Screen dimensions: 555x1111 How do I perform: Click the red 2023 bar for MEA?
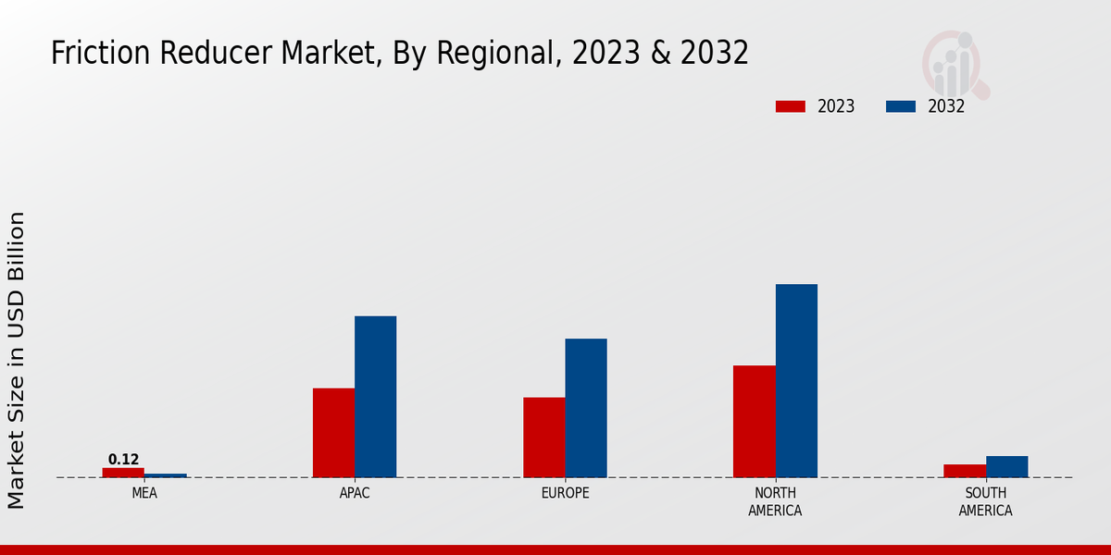click(123, 473)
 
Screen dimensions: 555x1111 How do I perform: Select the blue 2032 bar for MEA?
click(165, 475)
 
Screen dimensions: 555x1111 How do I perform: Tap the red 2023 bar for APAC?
click(333, 433)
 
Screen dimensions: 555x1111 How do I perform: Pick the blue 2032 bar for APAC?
click(375, 397)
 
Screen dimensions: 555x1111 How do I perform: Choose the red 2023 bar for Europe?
click(543, 438)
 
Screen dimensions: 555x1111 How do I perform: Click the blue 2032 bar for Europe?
click(586, 408)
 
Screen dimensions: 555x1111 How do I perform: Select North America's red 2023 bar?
click(754, 422)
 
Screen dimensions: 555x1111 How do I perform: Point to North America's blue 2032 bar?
click(796, 381)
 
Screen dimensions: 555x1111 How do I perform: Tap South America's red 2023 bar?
click(964, 471)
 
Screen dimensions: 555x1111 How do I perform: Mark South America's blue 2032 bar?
click(1006, 467)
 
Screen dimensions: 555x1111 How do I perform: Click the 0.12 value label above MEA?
click(123, 460)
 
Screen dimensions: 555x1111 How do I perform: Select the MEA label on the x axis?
click(144, 494)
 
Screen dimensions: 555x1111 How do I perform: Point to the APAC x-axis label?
click(355, 494)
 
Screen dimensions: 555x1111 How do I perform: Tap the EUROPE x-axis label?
click(565, 494)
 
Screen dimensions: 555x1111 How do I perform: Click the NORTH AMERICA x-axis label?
click(775, 502)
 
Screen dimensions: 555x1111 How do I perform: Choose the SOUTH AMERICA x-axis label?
click(985, 502)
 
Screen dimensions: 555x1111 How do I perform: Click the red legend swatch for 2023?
click(790, 106)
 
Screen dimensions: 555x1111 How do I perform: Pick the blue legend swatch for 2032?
click(900, 106)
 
